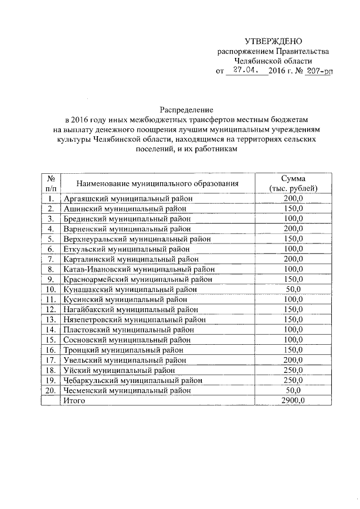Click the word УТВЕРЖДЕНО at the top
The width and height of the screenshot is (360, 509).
tap(273, 41)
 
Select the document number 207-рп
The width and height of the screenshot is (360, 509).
tap(309, 71)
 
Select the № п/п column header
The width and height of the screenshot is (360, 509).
tap(51, 183)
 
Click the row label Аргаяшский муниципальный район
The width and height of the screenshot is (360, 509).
tap(128, 199)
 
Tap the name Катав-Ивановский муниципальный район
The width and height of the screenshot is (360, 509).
tap(139, 269)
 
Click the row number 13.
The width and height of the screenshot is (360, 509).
tap(51, 319)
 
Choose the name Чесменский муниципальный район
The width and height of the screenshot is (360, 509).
tap(128, 390)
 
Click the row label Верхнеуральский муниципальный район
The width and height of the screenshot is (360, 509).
tap(137, 238)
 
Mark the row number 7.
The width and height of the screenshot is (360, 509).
tap(51, 259)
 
